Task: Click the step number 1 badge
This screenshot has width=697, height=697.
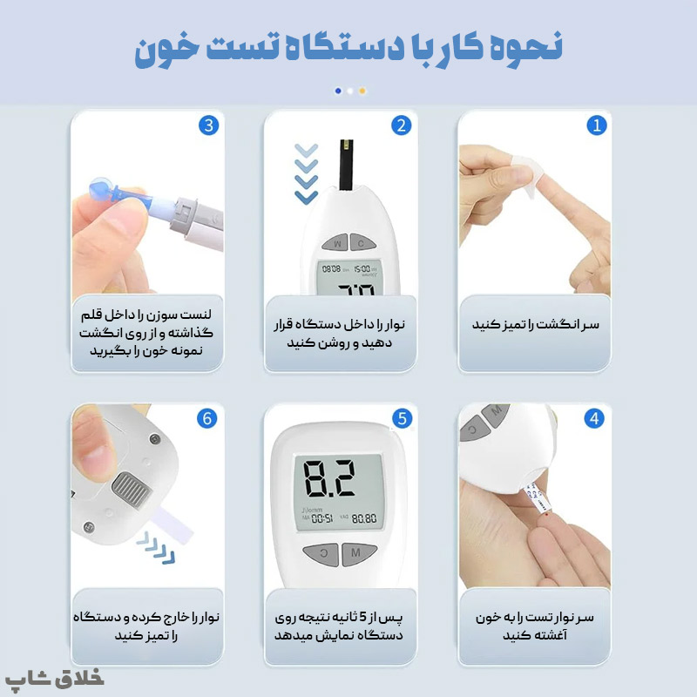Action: [x=596, y=125]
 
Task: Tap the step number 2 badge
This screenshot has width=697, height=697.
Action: [x=401, y=125]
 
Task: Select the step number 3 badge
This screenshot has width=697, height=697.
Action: [x=207, y=125]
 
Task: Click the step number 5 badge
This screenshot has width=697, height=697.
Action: [x=401, y=418]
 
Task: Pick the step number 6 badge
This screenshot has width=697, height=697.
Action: [x=207, y=418]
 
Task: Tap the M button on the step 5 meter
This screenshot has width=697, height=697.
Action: [x=355, y=552]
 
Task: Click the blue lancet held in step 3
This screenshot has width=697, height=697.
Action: [x=126, y=194]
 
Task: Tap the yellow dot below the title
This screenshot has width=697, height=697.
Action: [x=362, y=90]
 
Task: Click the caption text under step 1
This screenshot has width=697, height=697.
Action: [x=535, y=324]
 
